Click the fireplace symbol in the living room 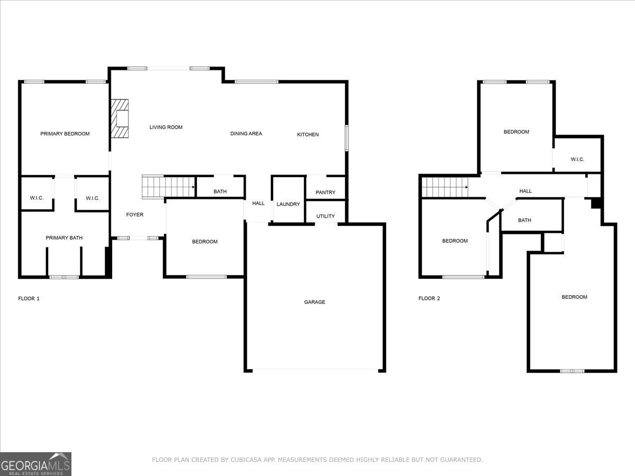coord(120,119)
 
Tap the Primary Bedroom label coord(65,134)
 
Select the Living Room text coord(166,127)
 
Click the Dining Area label coord(246,134)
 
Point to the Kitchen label coord(307,135)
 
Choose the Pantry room coord(325,192)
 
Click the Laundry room coord(288,204)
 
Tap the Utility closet coord(325,216)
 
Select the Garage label coord(314,302)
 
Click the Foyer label coord(134,215)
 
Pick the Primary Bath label coord(64,238)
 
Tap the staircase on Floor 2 coord(445,187)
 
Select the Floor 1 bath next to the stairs coord(220,191)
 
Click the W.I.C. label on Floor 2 coord(577,159)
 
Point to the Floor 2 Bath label coord(524,221)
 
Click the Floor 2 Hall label coord(525,191)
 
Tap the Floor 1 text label coord(29,299)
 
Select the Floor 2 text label coord(429,299)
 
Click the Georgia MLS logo coord(35,464)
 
